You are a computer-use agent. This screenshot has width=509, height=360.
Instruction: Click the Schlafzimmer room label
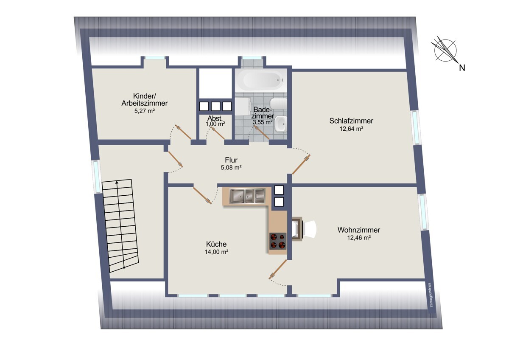[x=351, y=121]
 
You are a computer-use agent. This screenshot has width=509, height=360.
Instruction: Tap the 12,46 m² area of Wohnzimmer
[x=359, y=238]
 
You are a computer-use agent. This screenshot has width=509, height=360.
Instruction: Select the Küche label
[x=216, y=244]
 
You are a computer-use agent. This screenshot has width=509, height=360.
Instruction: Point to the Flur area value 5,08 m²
[x=231, y=168]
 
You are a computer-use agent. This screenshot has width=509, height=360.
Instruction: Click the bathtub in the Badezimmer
[x=261, y=81]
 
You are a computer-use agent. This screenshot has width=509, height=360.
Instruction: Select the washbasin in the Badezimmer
[x=281, y=124]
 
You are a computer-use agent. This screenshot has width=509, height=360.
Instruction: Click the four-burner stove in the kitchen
[x=278, y=241]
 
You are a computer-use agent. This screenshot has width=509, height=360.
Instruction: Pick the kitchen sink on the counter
[x=247, y=196]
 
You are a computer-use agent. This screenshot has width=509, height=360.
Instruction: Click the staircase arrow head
[x=117, y=182]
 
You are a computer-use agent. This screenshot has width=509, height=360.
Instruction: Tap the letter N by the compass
[x=462, y=68]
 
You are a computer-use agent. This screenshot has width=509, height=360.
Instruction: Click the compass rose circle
[x=445, y=51]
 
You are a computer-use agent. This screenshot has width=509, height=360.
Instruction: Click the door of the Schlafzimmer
[x=301, y=164]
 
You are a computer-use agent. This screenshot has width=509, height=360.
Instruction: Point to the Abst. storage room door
[x=218, y=133]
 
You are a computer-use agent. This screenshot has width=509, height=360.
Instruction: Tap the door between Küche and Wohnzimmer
[x=278, y=270]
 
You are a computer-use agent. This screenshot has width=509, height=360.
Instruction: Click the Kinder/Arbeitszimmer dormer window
[x=155, y=58]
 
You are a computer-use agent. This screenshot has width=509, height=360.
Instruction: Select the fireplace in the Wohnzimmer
[x=297, y=228]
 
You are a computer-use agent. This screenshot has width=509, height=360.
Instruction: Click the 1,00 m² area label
[x=215, y=124]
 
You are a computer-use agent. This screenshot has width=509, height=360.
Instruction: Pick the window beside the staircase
[x=97, y=177]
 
